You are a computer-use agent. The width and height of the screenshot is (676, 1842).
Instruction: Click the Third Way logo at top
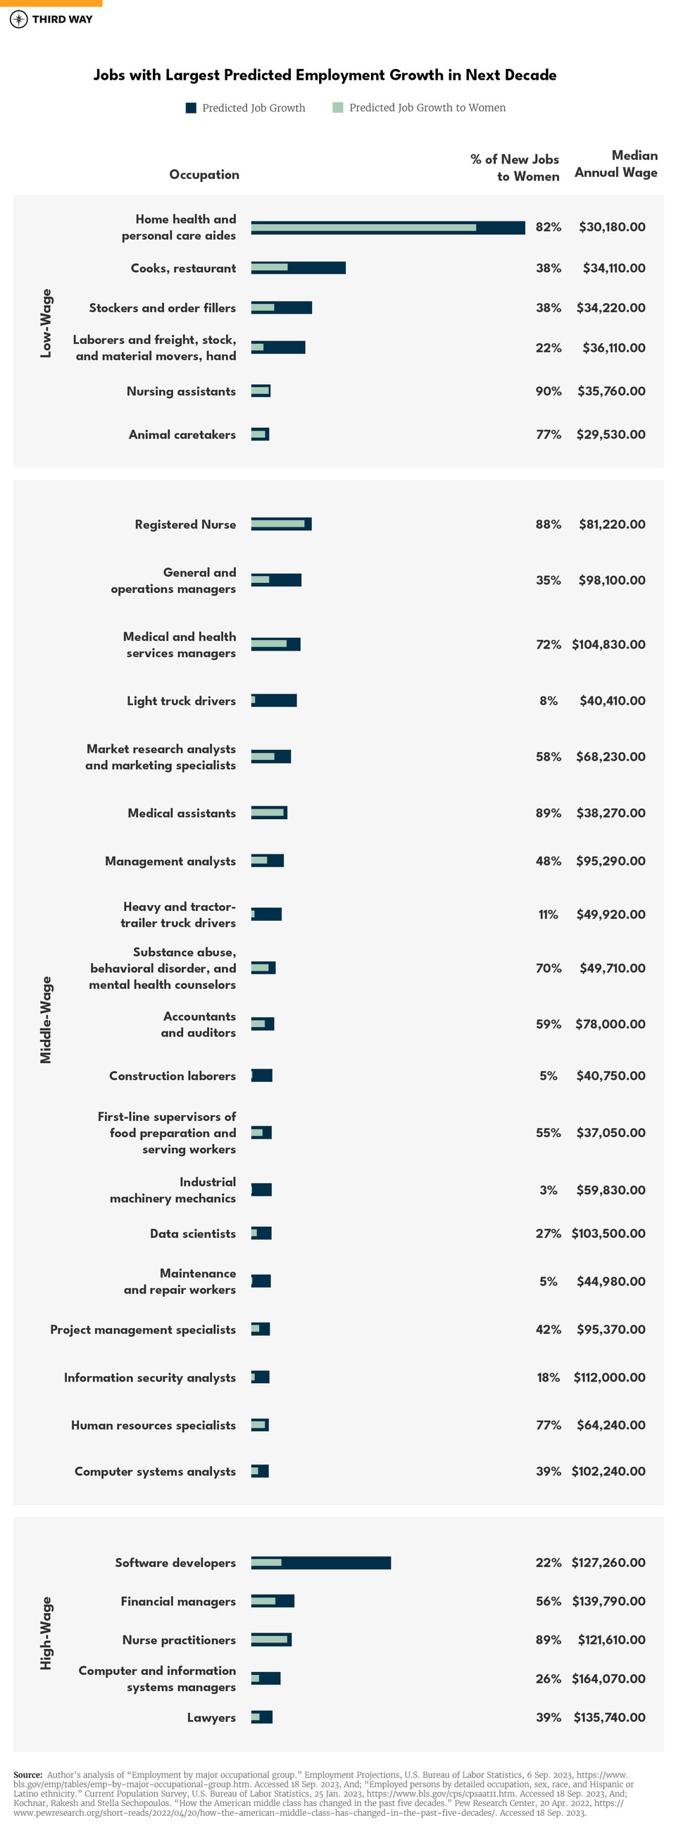click(51, 19)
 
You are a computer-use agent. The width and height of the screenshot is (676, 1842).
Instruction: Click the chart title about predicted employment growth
click(325, 75)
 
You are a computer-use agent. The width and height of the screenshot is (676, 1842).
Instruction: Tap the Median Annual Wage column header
click(615, 164)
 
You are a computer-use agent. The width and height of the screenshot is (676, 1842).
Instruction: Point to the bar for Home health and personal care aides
click(387, 228)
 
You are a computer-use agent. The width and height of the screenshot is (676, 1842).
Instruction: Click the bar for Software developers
click(320, 1562)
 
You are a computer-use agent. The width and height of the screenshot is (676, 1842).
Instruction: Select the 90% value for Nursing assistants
click(548, 392)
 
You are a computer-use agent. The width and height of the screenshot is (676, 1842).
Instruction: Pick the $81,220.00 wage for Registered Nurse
click(612, 525)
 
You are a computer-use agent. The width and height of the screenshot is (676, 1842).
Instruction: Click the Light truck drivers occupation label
click(181, 701)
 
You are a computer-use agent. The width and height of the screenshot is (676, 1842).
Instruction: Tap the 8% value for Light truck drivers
click(548, 701)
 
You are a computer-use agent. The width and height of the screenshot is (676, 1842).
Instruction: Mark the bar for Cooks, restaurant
click(298, 268)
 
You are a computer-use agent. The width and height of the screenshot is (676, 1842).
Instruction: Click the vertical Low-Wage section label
click(46, 323)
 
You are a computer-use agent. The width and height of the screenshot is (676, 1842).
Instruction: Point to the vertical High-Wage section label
click(46, 1638)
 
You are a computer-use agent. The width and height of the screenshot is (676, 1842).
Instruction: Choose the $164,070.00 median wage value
click(608, 1678)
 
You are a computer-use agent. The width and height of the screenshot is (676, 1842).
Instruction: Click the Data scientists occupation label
click(192, 1234)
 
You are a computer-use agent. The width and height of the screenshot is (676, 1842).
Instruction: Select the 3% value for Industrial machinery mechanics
click(548, 1190)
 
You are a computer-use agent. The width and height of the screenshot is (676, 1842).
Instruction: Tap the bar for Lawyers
click(261, 1717)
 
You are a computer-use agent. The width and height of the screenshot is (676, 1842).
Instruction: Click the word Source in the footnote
click(28, 1774)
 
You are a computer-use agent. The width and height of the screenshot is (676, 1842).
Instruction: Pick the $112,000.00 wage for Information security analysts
click(609, 1377)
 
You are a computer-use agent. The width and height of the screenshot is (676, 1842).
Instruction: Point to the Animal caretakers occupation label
click(182, 435)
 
